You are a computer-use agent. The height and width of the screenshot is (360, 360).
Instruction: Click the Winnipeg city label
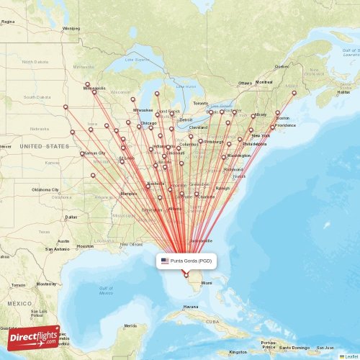[x=71, y=29]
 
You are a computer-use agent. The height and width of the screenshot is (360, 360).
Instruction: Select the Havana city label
[x=190, y=307]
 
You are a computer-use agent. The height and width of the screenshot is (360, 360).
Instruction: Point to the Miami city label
[x=207, y=283]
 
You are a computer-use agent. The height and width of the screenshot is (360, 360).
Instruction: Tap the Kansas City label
[x=94, y=153]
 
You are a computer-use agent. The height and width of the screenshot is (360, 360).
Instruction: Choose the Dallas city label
[x=71, y=217]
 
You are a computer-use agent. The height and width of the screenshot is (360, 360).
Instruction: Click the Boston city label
[x=282, y=118]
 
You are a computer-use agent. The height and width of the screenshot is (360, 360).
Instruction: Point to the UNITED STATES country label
[x=45, y=146]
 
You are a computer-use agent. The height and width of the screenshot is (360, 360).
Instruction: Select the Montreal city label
[x=264, y=82]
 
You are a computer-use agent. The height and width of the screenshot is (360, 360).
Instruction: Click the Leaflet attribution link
[x=351, y=356]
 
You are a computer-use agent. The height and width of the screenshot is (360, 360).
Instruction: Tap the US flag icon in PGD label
[x=165, y=260]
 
